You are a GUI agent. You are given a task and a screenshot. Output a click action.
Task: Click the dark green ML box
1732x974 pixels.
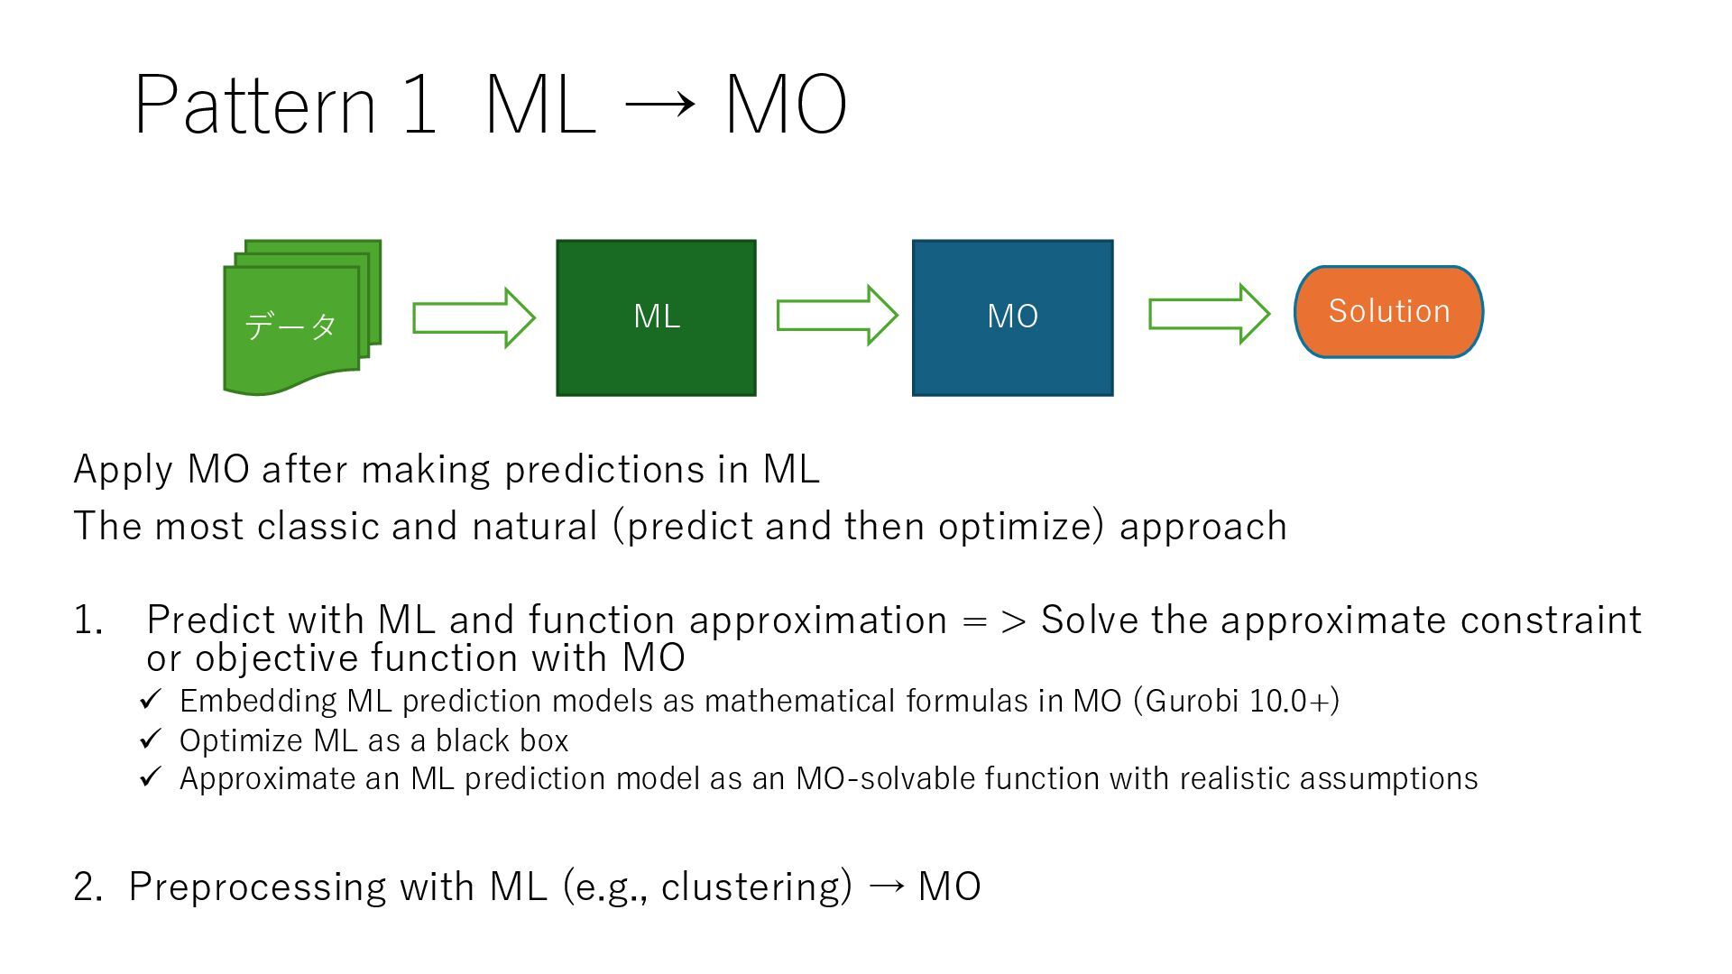point(656,317)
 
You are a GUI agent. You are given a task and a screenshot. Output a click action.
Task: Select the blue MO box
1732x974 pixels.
point(1012,317)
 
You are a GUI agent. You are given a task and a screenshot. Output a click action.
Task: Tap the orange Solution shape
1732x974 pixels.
point(1388,312)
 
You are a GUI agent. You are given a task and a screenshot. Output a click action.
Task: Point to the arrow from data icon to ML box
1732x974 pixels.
point(474,317)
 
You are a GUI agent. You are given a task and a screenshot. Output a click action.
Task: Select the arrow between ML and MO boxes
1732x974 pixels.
point(836,315)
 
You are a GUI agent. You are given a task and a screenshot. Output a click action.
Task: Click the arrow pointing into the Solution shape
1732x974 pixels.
point(1209,314)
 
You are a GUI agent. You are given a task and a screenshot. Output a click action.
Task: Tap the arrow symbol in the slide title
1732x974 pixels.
point(659,104)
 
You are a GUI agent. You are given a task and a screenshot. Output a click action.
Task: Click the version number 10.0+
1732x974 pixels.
point(1289,701)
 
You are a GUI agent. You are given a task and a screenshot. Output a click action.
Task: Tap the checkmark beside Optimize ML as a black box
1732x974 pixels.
point(151,740)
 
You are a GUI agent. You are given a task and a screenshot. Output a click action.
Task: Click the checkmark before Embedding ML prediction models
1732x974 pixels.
point(151,699)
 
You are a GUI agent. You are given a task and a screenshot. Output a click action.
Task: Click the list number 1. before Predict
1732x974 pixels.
point(88,620)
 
